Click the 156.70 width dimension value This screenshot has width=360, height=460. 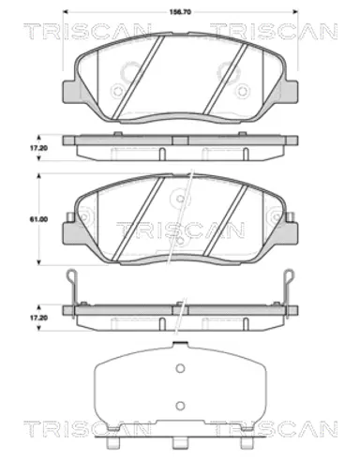(180, 12)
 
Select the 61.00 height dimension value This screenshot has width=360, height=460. (38, 219)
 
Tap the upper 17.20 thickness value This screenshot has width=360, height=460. (38, 148)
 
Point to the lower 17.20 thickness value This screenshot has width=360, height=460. (38, 318)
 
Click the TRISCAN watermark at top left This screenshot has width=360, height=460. (86, 31)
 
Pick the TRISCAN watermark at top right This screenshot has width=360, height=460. (274, 31)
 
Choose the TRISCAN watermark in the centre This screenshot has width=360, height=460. (180, 230)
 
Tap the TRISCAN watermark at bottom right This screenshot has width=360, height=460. (274, 428)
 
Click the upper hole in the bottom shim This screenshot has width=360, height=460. (180, 368)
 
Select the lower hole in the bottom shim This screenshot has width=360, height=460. (180, 406)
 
